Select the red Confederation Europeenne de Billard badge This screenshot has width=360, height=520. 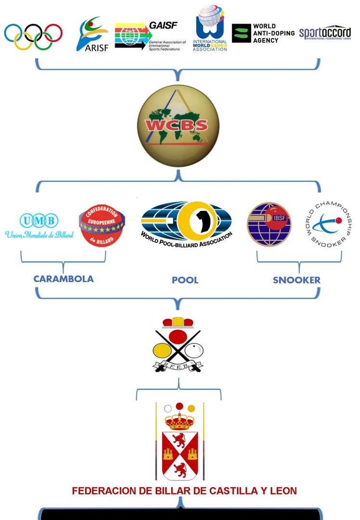[x=100, y=225]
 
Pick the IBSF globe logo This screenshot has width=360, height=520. [x=269, y=225]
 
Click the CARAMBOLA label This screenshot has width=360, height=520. [x=63, y=279]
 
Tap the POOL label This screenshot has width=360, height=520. [x=185, y=280]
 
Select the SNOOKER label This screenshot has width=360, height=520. [x=296, y=280]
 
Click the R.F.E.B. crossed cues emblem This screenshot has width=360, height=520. [x=178, y=344]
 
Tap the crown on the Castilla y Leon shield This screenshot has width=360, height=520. [x=179, y=421]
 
